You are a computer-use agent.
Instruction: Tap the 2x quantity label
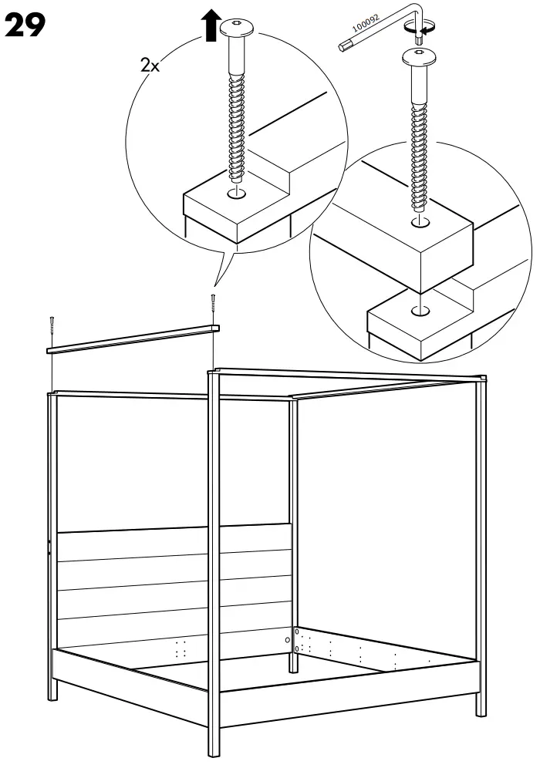(150, 66)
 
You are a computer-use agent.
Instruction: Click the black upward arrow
(210, 25)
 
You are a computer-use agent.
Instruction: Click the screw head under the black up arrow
(237, 29)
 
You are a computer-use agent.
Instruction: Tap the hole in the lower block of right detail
(420, 311)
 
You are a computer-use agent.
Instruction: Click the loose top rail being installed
(131, 339)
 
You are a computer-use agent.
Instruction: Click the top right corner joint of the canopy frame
(481, 378)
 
